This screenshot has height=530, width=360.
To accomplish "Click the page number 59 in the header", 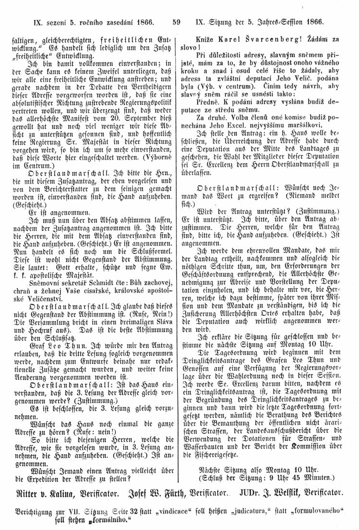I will click(175, 22).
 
